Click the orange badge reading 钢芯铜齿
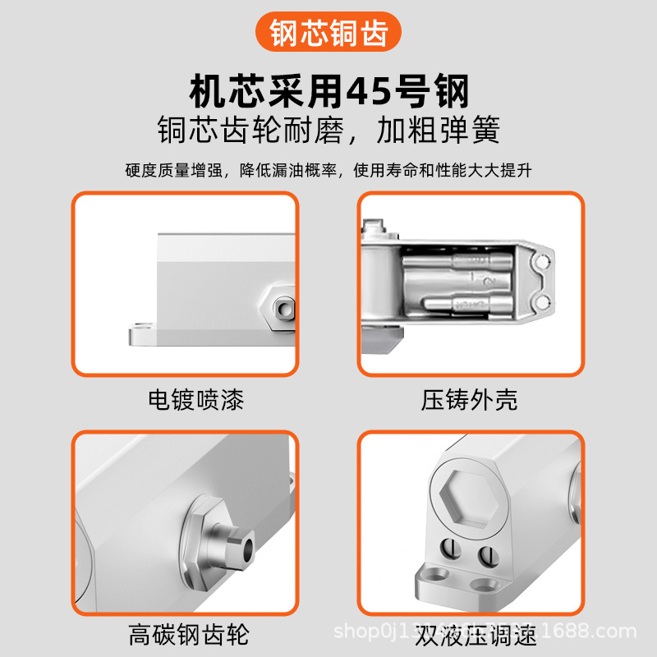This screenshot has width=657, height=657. point(328,34)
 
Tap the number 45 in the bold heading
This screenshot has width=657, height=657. point(370,92)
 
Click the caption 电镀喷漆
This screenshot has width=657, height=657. point(195,400)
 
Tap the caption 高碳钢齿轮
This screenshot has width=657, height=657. point(188,635)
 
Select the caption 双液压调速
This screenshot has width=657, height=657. point(476,635)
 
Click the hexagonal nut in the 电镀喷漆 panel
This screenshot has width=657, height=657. point(281,307)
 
